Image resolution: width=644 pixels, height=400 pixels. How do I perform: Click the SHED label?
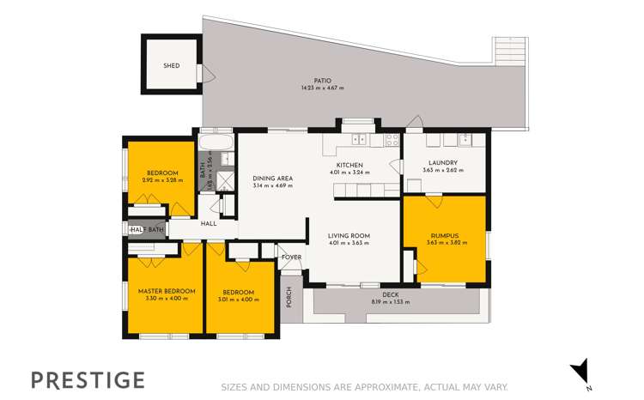click(172, 66)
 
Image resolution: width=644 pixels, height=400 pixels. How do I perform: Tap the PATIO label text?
click(322, 81)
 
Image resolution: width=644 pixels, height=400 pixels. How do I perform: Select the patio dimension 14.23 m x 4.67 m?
click(322, 88)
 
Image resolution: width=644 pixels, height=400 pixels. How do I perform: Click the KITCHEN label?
click(349, 165)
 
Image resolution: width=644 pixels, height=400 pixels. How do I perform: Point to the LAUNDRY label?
click(443, 162)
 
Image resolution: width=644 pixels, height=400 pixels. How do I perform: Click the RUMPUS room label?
click(444, 235)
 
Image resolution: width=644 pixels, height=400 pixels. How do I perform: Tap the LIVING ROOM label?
click(349, 235)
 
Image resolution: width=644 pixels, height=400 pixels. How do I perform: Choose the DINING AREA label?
click(273, 179)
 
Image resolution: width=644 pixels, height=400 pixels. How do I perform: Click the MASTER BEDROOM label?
click(167, 291)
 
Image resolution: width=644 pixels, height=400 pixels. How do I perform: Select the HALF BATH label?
click(147, 229)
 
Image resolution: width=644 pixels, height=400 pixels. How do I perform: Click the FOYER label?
click(292, 257)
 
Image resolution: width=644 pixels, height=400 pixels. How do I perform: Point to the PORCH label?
click(289, 296)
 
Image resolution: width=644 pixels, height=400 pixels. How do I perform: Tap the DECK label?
click(391, 295)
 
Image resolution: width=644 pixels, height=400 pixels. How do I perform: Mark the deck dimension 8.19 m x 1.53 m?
click(391, 302)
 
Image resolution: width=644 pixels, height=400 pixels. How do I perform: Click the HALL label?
click(209, 224)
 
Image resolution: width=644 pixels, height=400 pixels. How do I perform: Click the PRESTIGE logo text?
click(88, 379)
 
